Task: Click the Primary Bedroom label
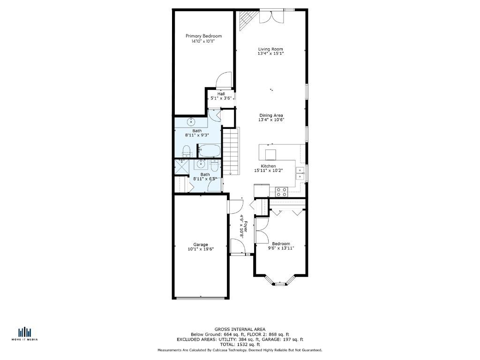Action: pyautogui.click(x=203, y=36)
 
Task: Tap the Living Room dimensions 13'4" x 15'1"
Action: pyautogui.click(x=270, y=53)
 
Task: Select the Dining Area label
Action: pyautogui.click(x=271, y=115)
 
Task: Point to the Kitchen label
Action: pyautogui.click(x=268, y=166)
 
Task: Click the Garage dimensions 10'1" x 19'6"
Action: pyautogui.click(x=201, y=249)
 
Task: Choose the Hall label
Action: pyautogui.click(x=221, y=94)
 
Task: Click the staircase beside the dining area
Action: pyautogui.click(x=231, y=151)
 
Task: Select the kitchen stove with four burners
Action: pyautogui.click(x=281, y=192)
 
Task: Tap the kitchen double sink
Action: pyautogui.click(x=300, y=173)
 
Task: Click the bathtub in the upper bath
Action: pyautogui.click(x=209, y=150)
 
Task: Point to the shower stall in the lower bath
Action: pyautogui.click(x=181, y=167)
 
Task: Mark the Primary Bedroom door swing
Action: pyautogui.click(x=224, y=80)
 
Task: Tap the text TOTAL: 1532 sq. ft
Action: pyautogui.click(x=240, y=345)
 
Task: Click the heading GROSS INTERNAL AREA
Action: pyautogui.click(x=240, y=330)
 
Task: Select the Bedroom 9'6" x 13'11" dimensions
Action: pyautogui.click(x=281, y=248)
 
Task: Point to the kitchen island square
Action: pyautogui.click(x=270, y=155)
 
